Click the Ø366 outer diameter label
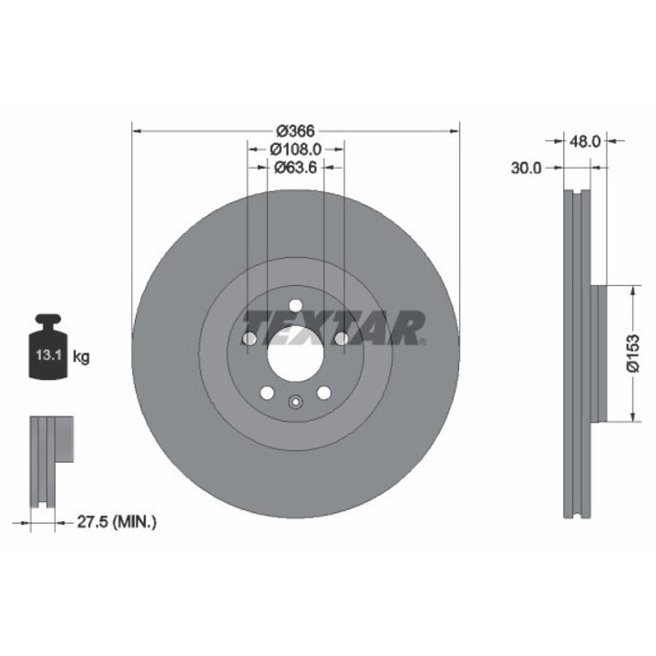[x=295, y=130]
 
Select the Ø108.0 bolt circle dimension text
[x=295, y=149]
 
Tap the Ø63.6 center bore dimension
[x=295, y=167]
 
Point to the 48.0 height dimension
[x=584, y=141]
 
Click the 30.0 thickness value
[x=526, y=168]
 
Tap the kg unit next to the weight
[x=81, y=356]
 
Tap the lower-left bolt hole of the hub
[x=267, y=393]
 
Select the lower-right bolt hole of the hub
[x=323, y=393]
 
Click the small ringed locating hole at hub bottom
[x=295, y=402]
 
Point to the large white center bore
[x=295, y=351]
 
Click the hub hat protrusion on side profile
[x=598, y=353]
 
